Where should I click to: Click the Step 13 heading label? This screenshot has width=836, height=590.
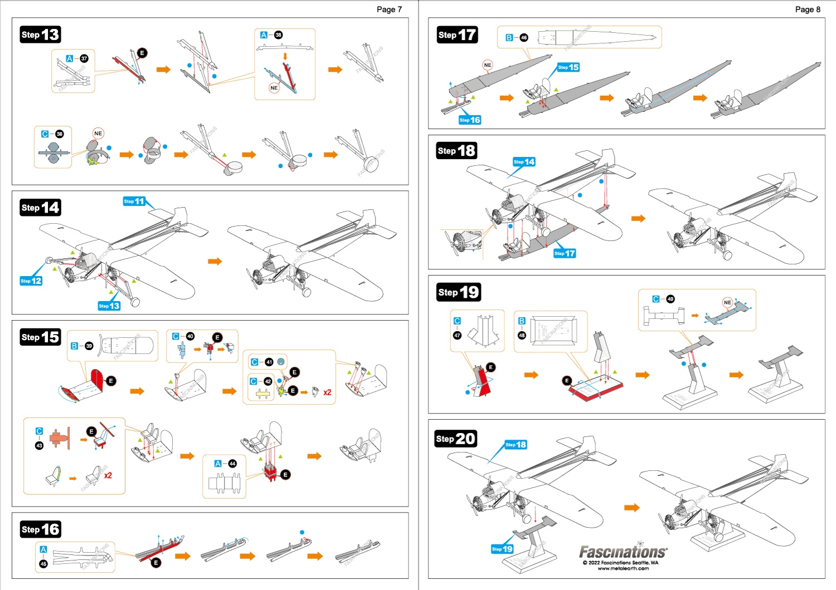(40, 35)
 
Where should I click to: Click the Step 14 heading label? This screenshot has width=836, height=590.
(40, 208)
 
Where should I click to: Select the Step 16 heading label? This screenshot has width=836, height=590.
(40, 529)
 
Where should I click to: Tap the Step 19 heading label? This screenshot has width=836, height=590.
(458, 292)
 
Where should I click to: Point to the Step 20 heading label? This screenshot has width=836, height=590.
(456, 439)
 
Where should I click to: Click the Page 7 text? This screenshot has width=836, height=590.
(389, 9)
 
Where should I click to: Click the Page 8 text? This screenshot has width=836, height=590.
(808, 9)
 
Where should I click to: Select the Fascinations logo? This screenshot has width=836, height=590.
(623, 552)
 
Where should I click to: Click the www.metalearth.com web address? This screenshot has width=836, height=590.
(623, 568)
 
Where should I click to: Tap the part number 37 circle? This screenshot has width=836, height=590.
(84, 58)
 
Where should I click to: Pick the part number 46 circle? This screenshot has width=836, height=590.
(524, 38)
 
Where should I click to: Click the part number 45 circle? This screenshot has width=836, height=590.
(43, 564)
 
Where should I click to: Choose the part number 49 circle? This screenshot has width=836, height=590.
(670, 299)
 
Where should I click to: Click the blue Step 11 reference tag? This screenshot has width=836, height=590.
(134, 201)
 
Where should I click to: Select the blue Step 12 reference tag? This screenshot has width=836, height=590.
(31, 281)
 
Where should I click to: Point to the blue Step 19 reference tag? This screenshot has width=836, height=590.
(502, 549)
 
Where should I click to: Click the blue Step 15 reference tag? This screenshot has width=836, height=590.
(568, 67)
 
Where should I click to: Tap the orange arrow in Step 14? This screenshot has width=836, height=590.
(215, 261)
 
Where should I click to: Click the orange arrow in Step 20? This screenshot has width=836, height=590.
(631, 507)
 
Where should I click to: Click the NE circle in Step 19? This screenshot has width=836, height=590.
(727, 302)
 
